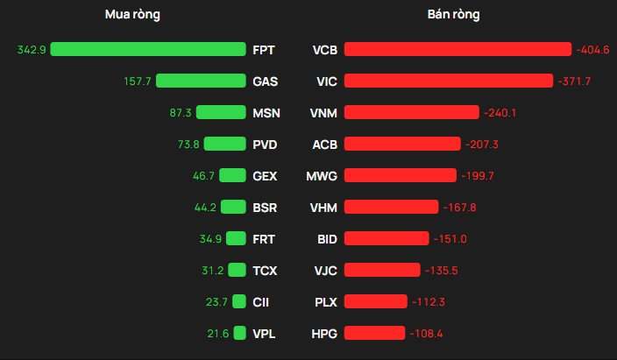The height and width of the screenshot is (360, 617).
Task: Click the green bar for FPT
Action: (x=148, y=49)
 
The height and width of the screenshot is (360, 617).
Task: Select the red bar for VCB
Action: (x=458, y=49)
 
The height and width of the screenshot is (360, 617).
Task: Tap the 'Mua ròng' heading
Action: (x=132, y=15)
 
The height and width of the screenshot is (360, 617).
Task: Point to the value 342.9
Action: (x=32, y=49)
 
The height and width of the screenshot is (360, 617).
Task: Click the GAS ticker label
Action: (x=265, y=81)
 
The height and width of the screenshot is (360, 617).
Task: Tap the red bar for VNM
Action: (x=412, y=112)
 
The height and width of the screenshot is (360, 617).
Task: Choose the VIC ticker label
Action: (x=325, y=81)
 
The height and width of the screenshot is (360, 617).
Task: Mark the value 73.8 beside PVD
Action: (x=188, y=144)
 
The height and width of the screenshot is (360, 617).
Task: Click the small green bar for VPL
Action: (x=239, y=333)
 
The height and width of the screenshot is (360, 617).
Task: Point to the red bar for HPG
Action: (x=374, y=333)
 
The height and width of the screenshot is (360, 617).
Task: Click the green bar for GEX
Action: (x=232, y=175)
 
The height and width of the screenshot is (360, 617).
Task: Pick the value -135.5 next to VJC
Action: (x=447, y=270)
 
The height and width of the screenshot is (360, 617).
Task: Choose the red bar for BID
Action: (x=387, y=238)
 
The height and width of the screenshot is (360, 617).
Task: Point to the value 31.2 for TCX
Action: (x=213, y=270)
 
